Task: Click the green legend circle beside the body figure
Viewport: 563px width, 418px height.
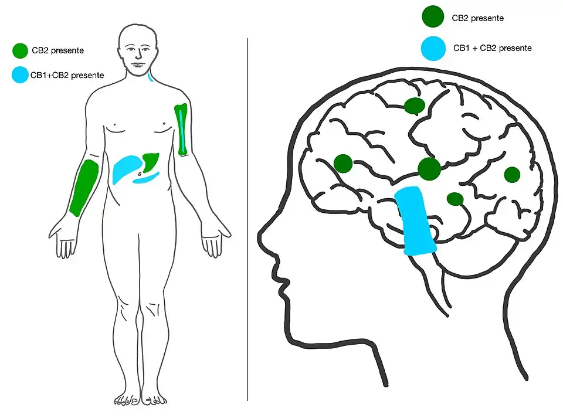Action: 20,51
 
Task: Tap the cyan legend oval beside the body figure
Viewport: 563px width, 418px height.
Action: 21,75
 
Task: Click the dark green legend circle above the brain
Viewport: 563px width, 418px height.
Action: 433,18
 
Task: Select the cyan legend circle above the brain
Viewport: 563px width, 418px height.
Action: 433,49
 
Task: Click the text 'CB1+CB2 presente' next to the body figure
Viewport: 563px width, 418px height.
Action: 67,75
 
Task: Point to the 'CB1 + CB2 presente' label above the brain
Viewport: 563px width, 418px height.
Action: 492,48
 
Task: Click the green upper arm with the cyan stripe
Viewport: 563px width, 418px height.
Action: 182,130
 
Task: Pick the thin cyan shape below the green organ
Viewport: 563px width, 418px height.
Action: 147,178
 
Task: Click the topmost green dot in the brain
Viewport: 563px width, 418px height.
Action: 415,106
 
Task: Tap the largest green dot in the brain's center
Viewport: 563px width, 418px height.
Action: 429,169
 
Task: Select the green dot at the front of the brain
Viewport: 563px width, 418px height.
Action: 343,163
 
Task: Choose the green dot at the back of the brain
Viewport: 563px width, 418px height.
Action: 512,174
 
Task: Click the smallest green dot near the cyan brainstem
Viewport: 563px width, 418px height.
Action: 455,199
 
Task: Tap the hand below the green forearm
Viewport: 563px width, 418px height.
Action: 65,240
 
